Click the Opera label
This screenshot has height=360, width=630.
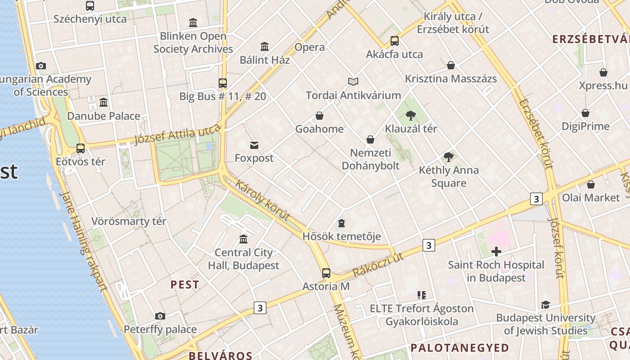coord(309,47)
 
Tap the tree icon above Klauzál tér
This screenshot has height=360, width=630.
coord(410,116)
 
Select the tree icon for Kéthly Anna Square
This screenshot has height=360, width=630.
coord(448,157)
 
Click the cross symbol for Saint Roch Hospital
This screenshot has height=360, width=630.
coord(496,252)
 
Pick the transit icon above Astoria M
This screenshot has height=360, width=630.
coord(326,273)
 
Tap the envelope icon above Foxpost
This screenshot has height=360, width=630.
coord(254,145)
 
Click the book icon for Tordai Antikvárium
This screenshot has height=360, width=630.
coord(353,81)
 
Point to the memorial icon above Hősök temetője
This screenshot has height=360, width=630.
coord(342,223)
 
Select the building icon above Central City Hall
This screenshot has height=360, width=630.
coord(243,239)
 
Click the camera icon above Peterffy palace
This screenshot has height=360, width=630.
coord(160,316)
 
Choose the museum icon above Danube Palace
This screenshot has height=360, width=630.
coord(103,102)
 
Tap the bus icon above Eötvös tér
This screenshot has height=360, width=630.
coord(81,148)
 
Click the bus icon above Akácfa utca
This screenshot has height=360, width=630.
coord(395,41)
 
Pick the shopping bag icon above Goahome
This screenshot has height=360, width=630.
coord(319,116)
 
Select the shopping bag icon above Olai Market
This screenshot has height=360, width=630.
coord(591,184)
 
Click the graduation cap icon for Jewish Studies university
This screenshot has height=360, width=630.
coord(545,305)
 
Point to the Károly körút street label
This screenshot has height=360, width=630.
coord(262,201)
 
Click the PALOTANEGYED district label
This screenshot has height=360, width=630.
coord(459,348)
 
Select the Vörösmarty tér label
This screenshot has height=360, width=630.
coord(129,221)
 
